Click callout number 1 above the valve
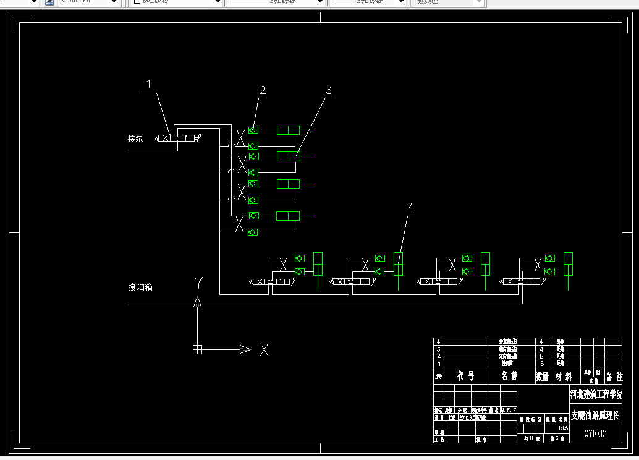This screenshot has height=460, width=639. pos(148,83)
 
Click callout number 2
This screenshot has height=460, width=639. pos(263,90)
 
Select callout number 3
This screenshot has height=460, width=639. pos(329,90)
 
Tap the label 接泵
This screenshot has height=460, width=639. pos(135,138)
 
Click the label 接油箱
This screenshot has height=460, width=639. pos(140,287)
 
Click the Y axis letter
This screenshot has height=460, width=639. pos(198,283)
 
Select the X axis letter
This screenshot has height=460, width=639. pos(264,350)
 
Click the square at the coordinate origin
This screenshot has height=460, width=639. pos(197,349)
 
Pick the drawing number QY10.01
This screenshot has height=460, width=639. pos(596,433)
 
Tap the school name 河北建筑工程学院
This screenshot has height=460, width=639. pos(595,394)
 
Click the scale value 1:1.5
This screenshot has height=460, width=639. pos(563,428)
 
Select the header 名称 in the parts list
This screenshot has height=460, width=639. pos(509,376)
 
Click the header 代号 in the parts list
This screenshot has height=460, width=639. pos(465,376)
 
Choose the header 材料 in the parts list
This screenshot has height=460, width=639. pos(563,376)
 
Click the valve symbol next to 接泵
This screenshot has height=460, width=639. pos(176,138)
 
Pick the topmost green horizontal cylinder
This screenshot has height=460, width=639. pos(288,130)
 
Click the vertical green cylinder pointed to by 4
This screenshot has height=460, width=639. pos(399,264)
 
